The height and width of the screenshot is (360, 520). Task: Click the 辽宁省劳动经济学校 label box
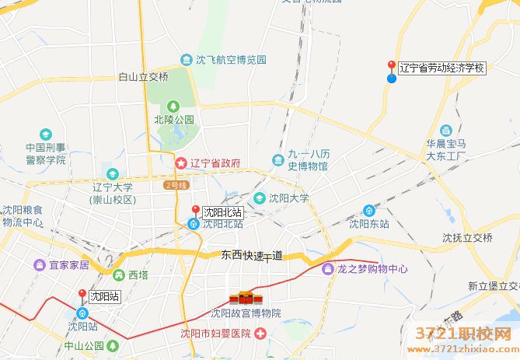pyautogui.click(x=442, y=68)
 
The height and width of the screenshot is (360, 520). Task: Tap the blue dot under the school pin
pyautogui.click(x=392, y=78)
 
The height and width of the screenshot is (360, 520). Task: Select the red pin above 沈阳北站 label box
pyautogui.click(x=195, y=210)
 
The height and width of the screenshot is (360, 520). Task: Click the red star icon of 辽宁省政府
pyautogui.click(x=180, y=163)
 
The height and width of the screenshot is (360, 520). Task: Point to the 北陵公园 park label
pyautogui.click(x=173, y=120)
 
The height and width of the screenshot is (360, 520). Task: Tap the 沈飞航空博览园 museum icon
pyautogui.click(x=186, y=60)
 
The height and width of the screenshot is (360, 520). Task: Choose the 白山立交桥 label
pyautogui.click(x=144, y=77)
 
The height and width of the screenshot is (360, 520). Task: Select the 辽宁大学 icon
pyautogui.click(x=113, y=173)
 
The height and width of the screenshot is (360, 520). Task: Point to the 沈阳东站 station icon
pyautogui.click(x=369, y=210)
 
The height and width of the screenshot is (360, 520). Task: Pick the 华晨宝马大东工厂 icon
pyautogui.click(x=446, y=130)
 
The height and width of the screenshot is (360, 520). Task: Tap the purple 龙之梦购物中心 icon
pyautogui.click(x=328, y=269)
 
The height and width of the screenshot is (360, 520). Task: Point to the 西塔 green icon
pyautogui.click(x=118, y=274)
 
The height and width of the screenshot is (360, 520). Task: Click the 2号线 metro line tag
pyautogui.click(x=176, y=185)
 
